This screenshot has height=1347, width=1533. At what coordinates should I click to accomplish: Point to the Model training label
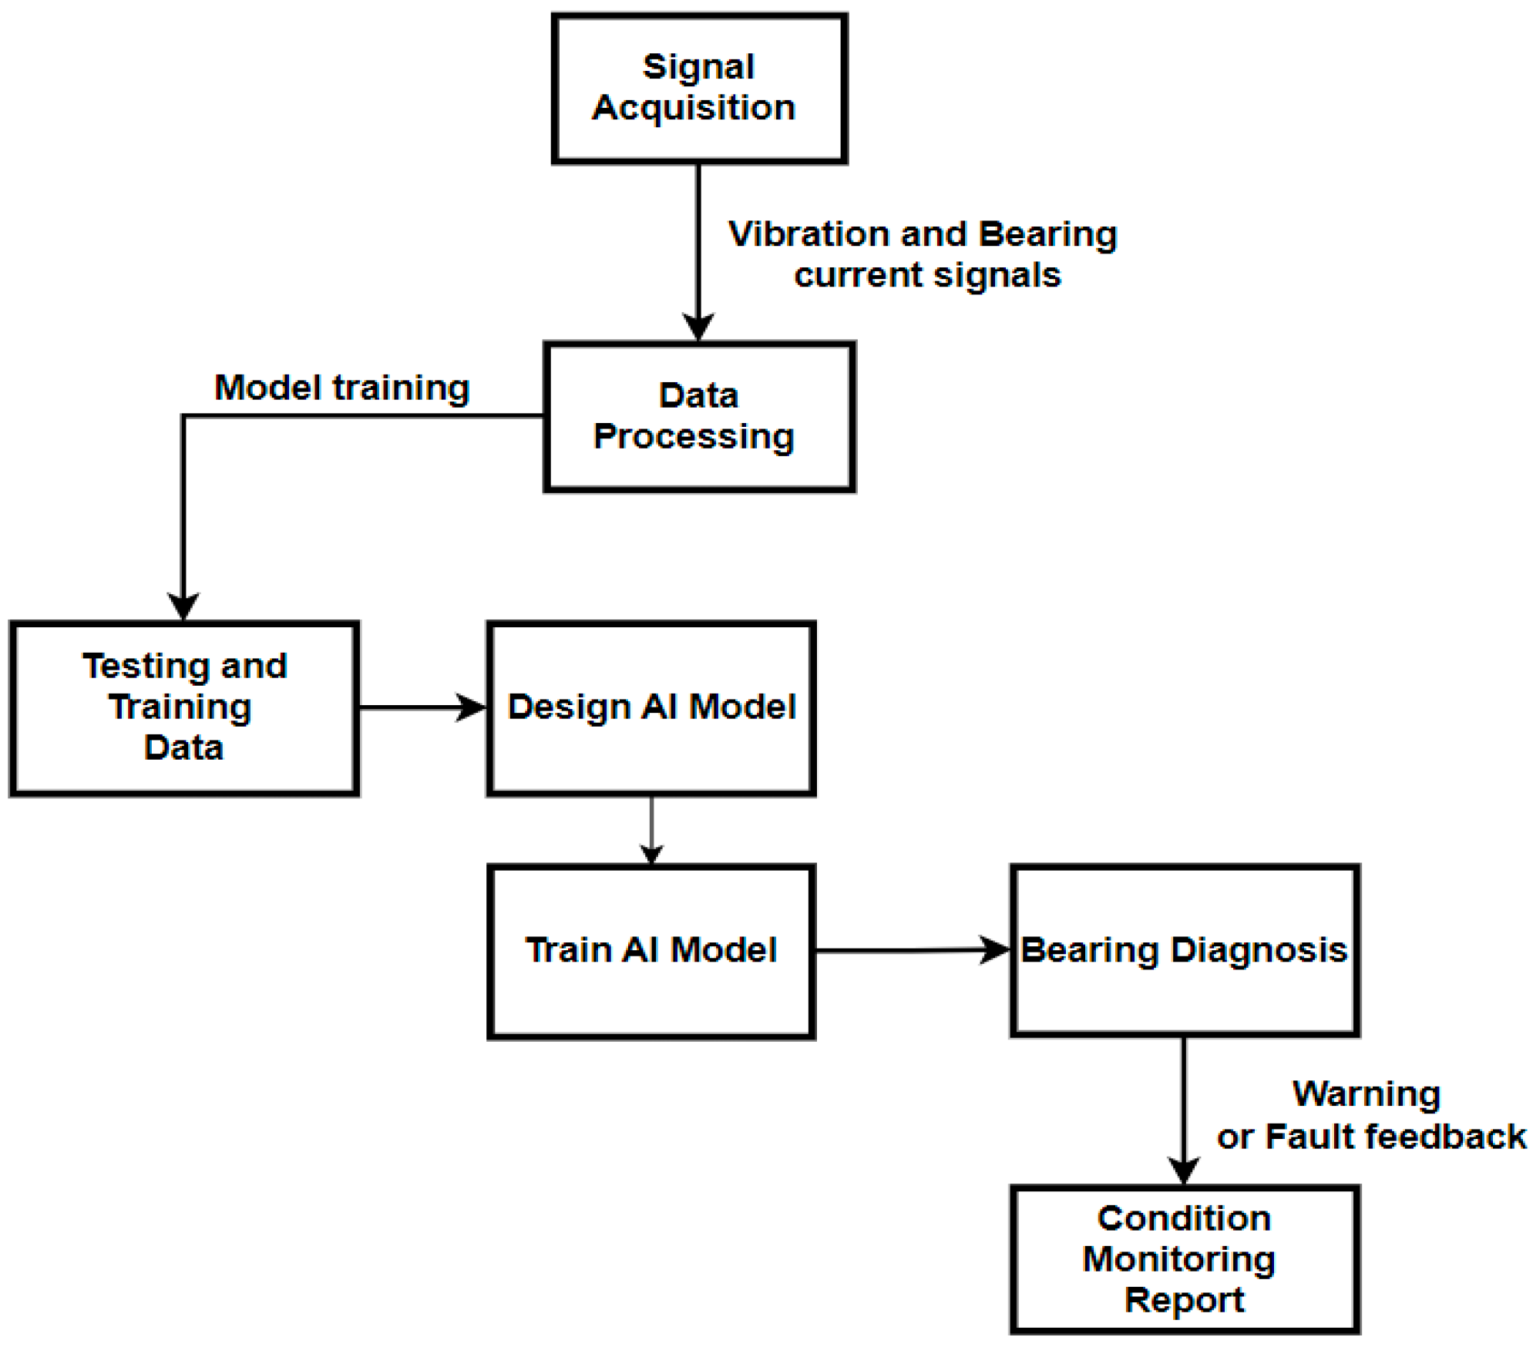(x=341, y=388)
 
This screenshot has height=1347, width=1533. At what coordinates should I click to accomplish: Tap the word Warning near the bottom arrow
(x=1366, y=1094)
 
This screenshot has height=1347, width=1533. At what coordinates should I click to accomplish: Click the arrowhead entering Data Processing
(x=698, y=327)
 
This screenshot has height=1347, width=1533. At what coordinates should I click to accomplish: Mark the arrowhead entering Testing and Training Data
(x=183, y=606)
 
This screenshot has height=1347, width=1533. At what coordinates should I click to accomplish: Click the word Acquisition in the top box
(x=694, y=108)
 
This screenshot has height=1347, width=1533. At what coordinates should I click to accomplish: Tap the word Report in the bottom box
(x=1184, y=1301)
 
